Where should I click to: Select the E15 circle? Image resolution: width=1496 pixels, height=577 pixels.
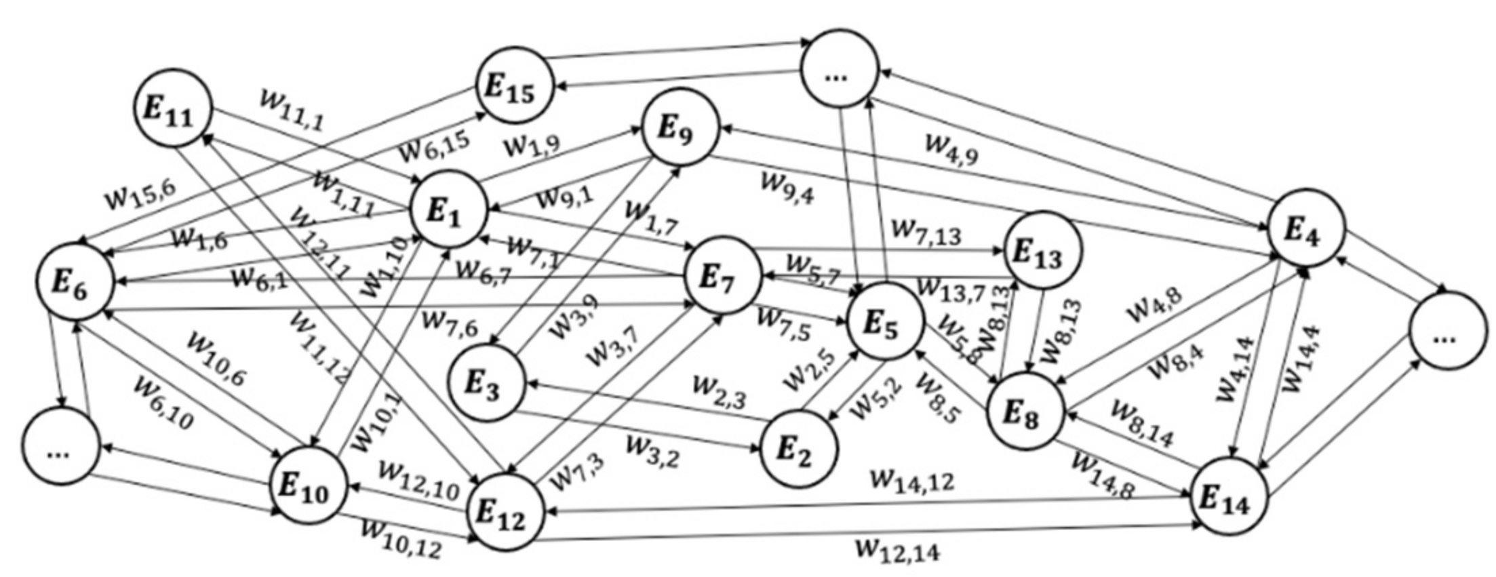tap(513, 85)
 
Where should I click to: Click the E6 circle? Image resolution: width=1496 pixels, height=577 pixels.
tap(75, 282)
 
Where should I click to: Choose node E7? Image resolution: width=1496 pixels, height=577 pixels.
tap(721, 275)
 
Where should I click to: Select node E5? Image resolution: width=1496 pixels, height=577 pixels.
tap(884, 321)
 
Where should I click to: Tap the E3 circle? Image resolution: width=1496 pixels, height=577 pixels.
tap(486, 382)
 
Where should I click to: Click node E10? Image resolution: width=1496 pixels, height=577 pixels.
tap(309, 485)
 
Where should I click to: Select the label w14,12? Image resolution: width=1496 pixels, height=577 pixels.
tap(912, 481)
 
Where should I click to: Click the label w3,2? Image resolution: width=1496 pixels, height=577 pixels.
tap(652, 451)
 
